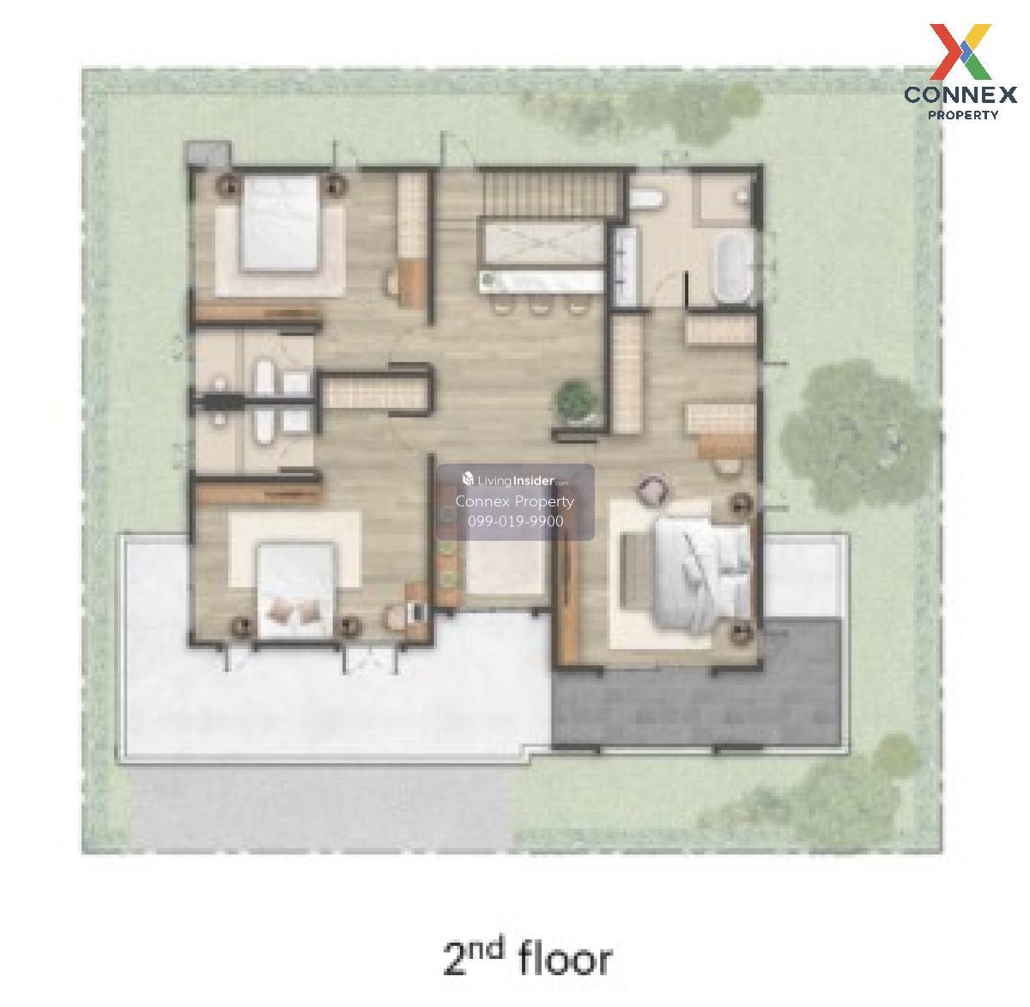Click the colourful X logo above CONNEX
(x=960, y=52)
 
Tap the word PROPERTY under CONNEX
(x=963, y=114)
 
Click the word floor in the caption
(x=565, y=959)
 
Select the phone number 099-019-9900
(x=515, y=521)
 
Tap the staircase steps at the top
(x=548, y=195)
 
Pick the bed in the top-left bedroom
(x=279, y=223)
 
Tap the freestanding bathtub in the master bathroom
(x=734, y=268)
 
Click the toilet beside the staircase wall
(x=645, y=198)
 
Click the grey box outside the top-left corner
(x=207, y=153)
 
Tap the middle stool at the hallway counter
(x=539, y=305)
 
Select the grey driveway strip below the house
(x=320, y=809)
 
